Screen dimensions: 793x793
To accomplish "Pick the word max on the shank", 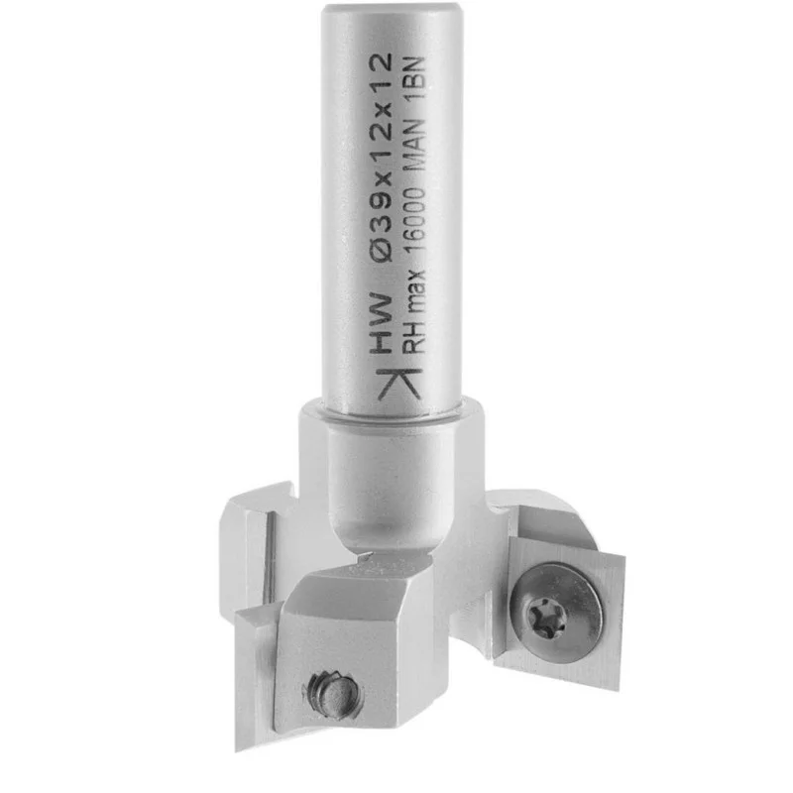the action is [414, 289].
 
